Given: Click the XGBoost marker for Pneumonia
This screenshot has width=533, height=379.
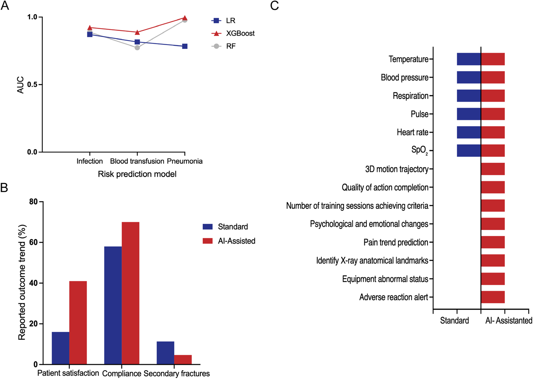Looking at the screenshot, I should click(x=185, y=18).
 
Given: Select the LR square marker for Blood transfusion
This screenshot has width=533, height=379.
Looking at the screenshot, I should click(x=137, y=42).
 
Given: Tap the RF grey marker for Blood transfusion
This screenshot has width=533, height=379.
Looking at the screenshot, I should click(x=137, y=48).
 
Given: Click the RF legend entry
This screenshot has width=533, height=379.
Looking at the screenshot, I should click(x=230, y=46).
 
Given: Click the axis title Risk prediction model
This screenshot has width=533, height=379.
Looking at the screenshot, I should click(x=137, y=174).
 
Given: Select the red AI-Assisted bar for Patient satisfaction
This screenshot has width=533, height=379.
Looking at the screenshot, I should click(x=78, y=323).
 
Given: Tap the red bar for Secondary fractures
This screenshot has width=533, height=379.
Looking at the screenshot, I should click(x=183, y=359).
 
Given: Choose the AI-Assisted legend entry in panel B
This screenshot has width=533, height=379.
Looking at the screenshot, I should click(x=236, y=241).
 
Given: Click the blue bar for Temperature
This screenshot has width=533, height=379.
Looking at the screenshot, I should click(x=469, y=59).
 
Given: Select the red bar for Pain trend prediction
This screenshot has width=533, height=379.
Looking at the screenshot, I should click(x=493, y=242).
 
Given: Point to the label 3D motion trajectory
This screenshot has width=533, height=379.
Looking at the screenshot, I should click(x=396, y=169).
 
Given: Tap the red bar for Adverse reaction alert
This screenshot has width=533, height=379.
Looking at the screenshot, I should click(x=493, y=297).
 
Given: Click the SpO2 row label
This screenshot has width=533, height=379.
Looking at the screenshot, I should click(x=419, y=150).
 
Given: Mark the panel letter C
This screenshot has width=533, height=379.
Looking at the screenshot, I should click(x=274, y=6).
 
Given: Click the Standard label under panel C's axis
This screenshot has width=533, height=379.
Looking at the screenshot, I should click(x=454, y=321).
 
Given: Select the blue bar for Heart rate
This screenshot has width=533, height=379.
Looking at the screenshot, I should click(x=469, y=132).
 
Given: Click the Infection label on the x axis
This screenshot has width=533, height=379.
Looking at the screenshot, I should click(x=89, y=161).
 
